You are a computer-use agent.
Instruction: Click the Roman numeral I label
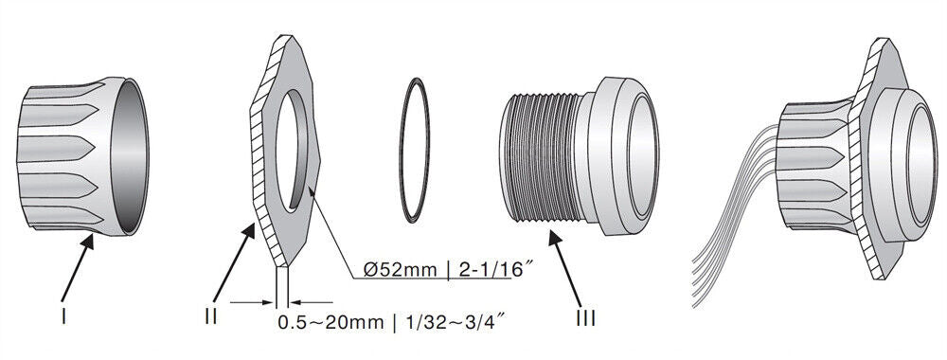click(x=63, y=315)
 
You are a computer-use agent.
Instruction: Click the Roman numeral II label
click(x=211, y=316)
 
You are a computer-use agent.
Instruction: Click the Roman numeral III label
click(x=585, y=318)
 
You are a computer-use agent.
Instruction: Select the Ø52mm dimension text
click(x=400, y=269)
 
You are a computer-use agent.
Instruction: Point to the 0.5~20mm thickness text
click(x=331, y=322)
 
